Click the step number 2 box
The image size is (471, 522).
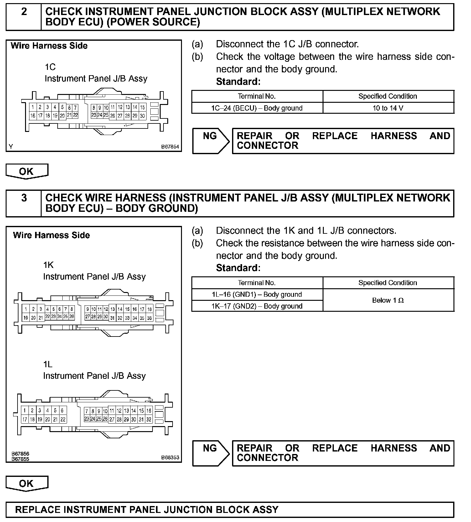point(24,17)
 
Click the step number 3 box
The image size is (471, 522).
point(24,203)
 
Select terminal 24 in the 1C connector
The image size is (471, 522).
point(100,115)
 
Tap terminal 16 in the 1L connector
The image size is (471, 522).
point(149,410)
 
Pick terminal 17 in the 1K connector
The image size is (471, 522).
point(142,309)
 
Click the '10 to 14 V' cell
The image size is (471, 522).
point(388,108)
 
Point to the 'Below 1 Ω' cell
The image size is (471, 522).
point(388,300)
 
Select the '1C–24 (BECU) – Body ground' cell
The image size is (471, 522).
point(257,108)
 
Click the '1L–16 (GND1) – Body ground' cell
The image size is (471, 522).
point(257,295)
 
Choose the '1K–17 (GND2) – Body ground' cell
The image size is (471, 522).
point(257,306)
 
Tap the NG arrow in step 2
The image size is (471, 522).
point(210,141)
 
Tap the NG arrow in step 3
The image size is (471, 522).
point(210,453)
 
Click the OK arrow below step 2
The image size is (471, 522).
point(27,171)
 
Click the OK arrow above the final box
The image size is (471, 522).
point(27,483)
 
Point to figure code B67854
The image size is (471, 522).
point(170,147)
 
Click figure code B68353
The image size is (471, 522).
point(170,457)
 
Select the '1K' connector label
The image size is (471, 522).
point(49,265)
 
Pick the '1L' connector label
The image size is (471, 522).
point(48,364)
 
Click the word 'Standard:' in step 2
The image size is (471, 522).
point(238,82)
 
